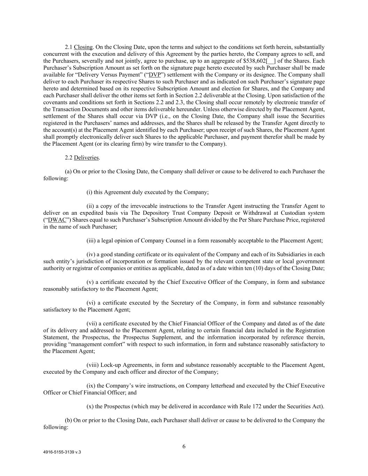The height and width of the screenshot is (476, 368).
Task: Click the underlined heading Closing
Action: [x=83, y=47]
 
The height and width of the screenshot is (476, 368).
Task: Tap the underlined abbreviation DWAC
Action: [x=56, y=220]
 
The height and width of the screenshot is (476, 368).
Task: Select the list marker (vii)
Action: [x=92, y=324]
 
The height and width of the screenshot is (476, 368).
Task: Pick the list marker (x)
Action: [x=90, y=407]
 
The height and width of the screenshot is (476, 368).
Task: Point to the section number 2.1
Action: [x=69, y=47]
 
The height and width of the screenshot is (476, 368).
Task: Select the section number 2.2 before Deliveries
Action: [x=69, y=158]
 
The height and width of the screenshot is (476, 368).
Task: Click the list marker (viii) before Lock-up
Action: [x=92, y=365]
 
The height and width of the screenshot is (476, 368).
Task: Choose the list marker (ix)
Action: [x=91, y=386]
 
